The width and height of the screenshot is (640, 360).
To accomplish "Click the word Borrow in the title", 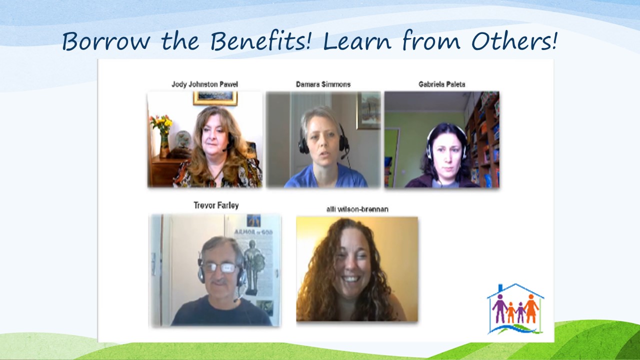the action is [x=105, y=41].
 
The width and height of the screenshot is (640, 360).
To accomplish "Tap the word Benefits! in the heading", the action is [x=260, y=41].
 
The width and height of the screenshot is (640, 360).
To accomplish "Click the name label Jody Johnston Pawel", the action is [x=204, y=84].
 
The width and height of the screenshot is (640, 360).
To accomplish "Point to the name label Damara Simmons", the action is [x=323, y=84].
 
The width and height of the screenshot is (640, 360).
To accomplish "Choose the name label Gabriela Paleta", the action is [x=441, y=84].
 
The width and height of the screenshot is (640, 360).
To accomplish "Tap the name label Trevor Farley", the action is [x=216, y=205].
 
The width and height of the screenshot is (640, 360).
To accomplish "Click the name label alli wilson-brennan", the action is [x=357, y=209].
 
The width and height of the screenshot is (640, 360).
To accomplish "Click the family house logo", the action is [x=515, y=309].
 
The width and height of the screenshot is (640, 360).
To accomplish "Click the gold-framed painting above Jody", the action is [x=215, y=98].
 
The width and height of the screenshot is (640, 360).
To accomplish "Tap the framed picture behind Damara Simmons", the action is [x=368, y=110].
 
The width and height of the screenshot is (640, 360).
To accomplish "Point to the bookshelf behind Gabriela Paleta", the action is [x=482, y=140].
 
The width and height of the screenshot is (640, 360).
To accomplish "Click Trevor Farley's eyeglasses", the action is [x=221, y=267].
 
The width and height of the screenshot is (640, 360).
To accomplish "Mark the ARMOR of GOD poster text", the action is [x=253, y=232].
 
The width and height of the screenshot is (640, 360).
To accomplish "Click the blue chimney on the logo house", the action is [x=500, y=288].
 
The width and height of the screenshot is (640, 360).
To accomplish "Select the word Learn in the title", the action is [x=357, y=41].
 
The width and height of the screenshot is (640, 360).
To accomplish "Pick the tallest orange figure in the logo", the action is [x=531, y=309].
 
